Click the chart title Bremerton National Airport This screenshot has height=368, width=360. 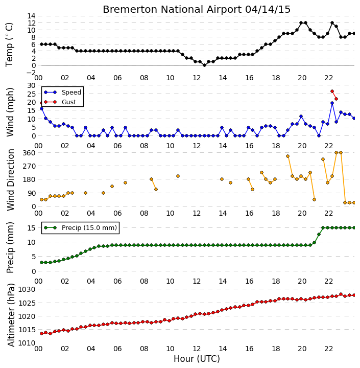[x=172, y=9]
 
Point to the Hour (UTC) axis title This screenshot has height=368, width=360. [x=197, y=359]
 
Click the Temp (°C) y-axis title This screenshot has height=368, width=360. [x=9, y=44]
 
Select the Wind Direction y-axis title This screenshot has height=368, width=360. [x=11, y=180]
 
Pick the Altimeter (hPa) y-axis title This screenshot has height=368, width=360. [x=11, y=315]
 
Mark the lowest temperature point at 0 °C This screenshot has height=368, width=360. [x=204, y=65]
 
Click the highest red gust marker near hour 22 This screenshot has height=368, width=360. [x=332, y=91]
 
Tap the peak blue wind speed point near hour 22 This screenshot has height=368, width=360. [x=332, y=103]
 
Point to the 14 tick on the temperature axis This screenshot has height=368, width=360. [x=32, y=16]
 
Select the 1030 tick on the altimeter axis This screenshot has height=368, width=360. [x=27, y=289]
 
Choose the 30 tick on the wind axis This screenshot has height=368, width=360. [x=32, y=85]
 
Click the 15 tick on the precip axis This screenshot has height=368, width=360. [x=32, y=228]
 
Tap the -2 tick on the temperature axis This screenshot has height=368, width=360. [x=31, y=73]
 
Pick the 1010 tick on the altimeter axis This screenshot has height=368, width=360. [x=27, y=343]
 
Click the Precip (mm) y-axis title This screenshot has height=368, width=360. [x=10, y=247]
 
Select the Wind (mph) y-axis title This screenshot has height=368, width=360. [x=10, y=112]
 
